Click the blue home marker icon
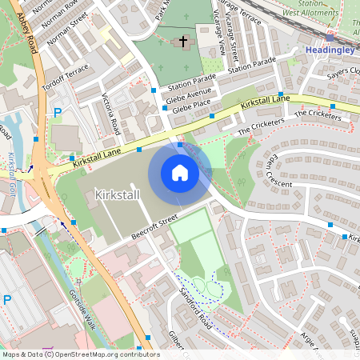point(180,173)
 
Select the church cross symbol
point(183,40)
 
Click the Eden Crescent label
point(265,171)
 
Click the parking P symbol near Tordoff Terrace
point(57,114)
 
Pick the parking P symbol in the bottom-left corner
point(6,300)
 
